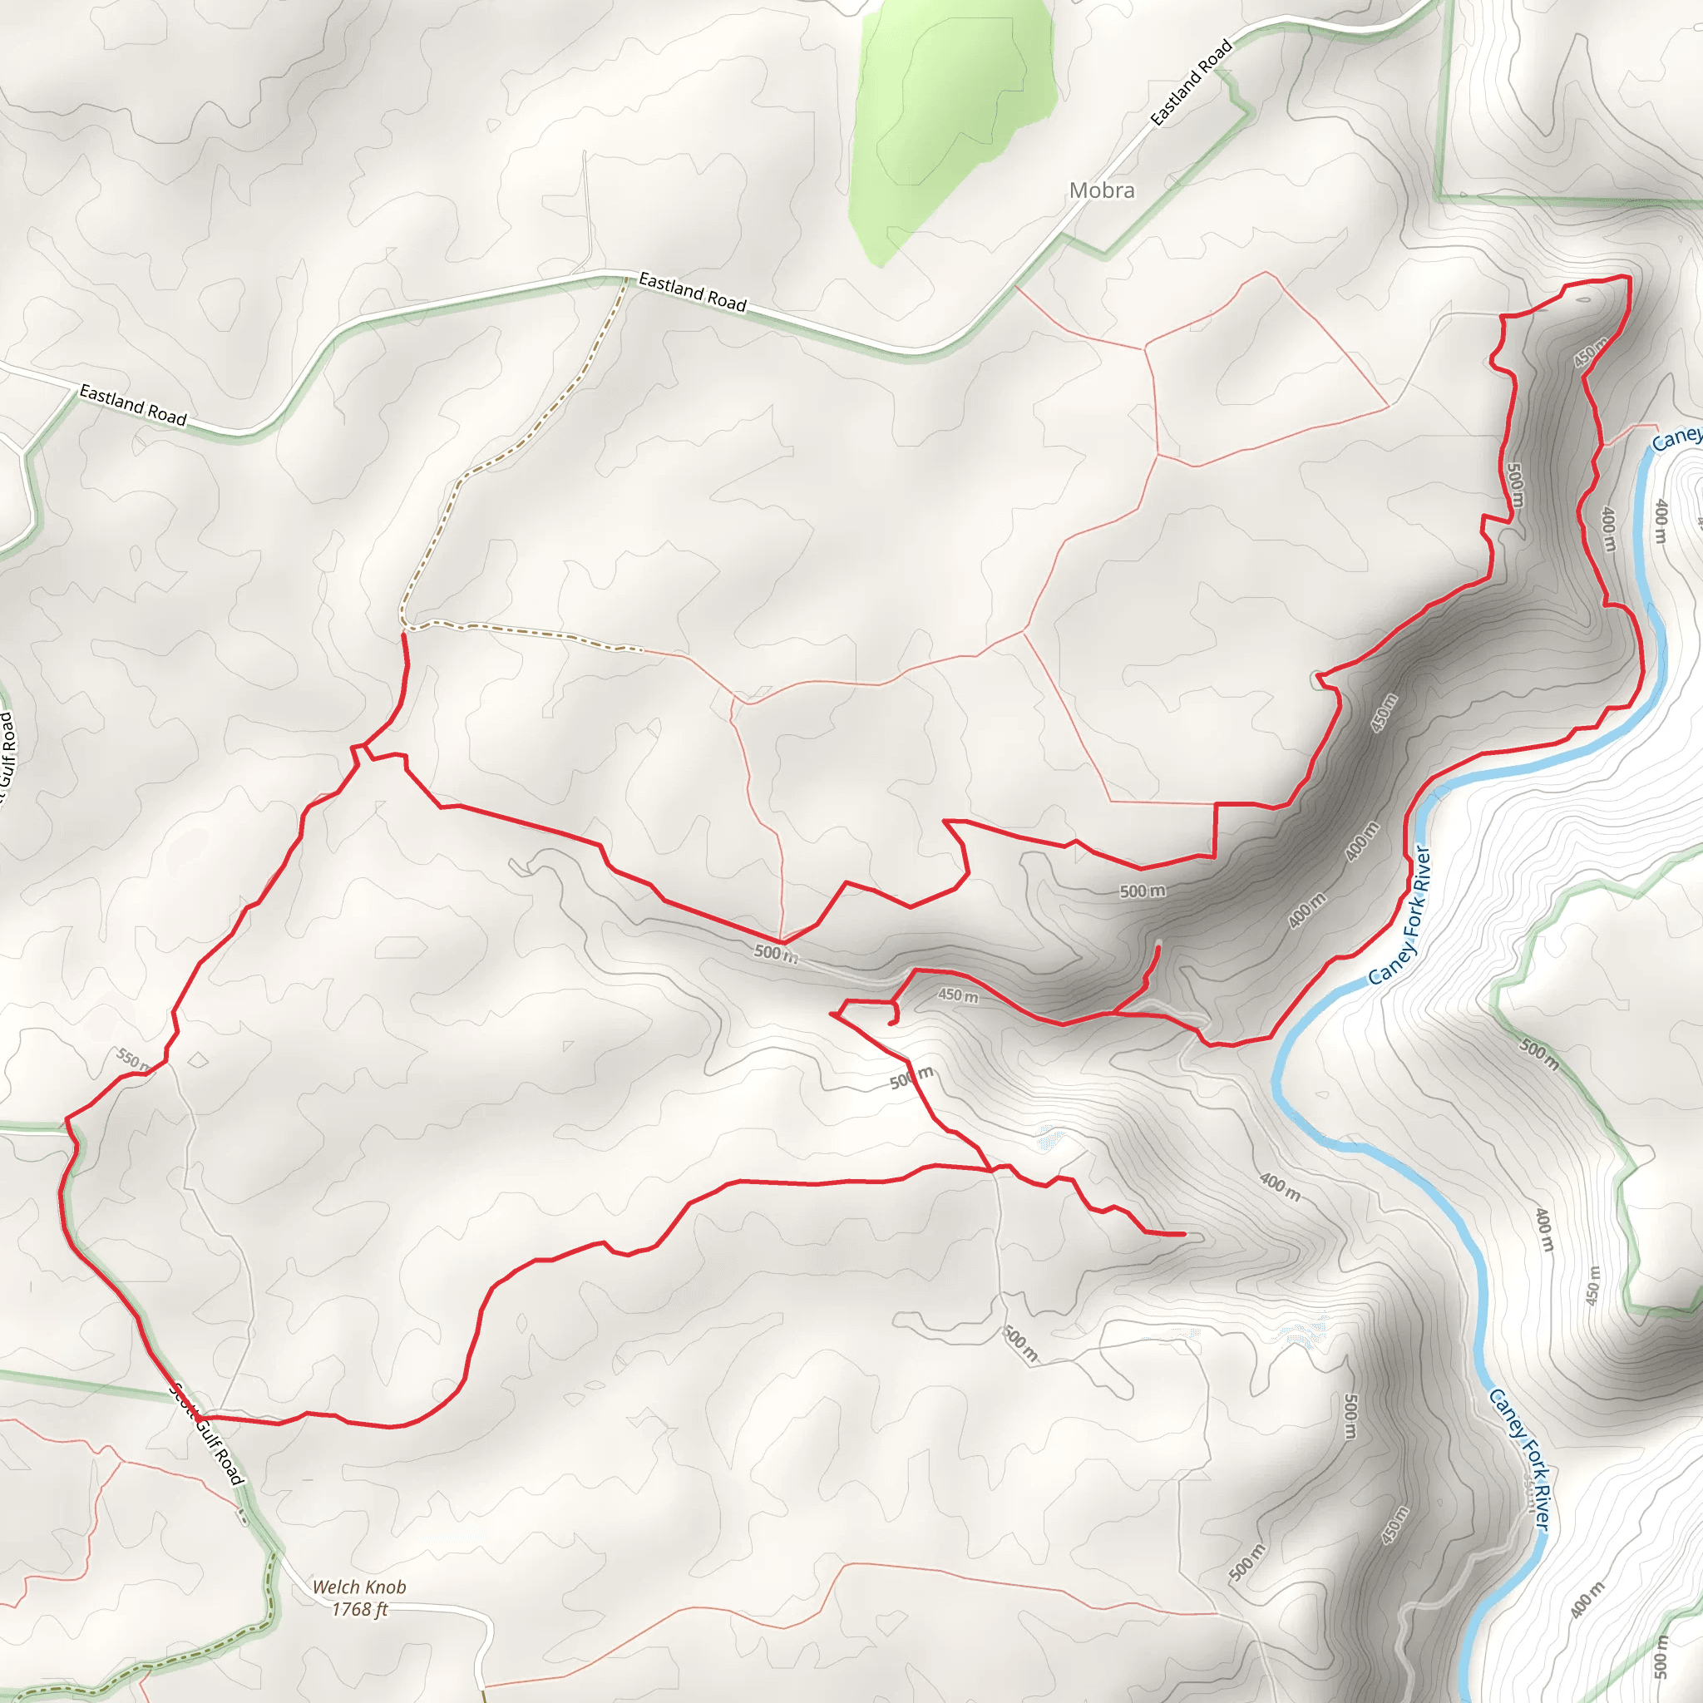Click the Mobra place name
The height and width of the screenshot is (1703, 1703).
[x=1101, y=190]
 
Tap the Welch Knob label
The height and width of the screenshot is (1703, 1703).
[x=359, y=1587]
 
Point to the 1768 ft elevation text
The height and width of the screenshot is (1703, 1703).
[x=359, y=1610]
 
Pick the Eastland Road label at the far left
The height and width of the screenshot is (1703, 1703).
[x=133, y=405]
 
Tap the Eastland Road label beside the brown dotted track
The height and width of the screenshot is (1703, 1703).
[x=692, y=292]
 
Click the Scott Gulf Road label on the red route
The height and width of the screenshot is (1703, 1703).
[x=208, y=1434]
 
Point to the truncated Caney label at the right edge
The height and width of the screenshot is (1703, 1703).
[x=1676, y=439]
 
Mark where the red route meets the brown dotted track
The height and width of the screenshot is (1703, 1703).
[x=402, y=633]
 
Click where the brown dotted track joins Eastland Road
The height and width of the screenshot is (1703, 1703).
[x=626, y=279]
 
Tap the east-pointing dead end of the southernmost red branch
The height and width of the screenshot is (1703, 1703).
[x=1182, y=1235]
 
